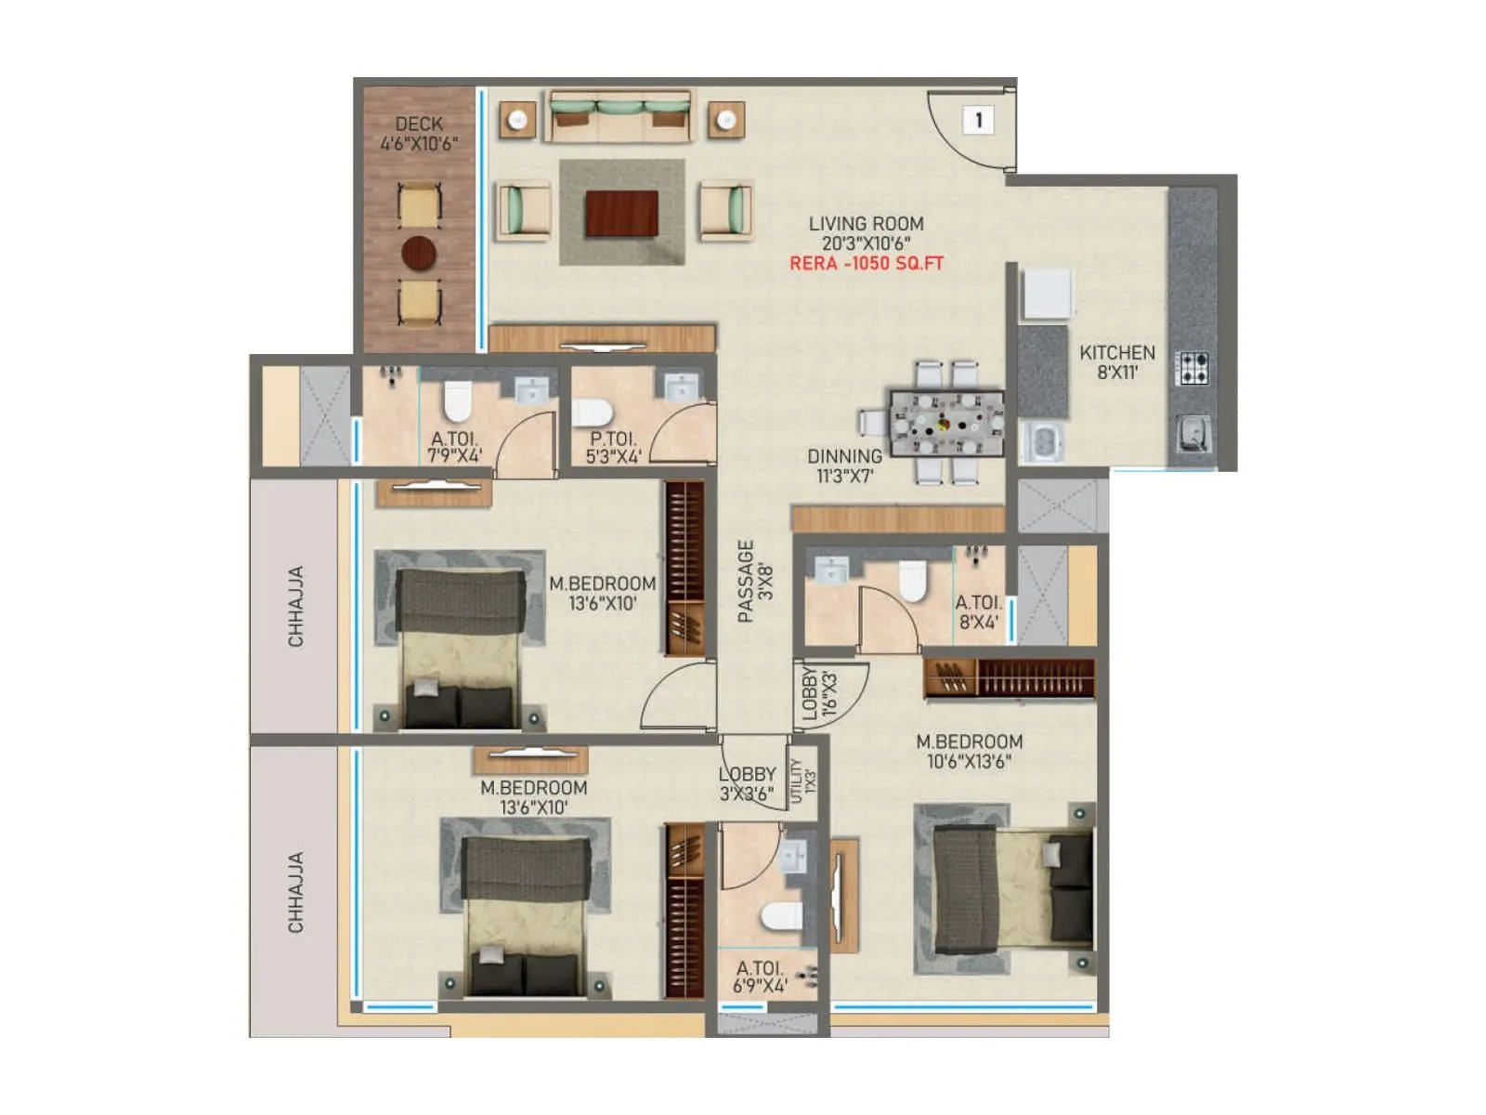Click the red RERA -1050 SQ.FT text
pos(866,264)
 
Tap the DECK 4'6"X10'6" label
pos(419,134)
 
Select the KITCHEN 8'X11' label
pos(1117,362)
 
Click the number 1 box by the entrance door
pos(978,120)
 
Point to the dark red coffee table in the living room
pos(621,214)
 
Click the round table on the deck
pos(419,253)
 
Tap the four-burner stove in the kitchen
pos(1193,368)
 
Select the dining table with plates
pos(946,424)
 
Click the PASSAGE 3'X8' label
pos(754,581)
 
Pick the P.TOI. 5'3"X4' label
pos(613,448)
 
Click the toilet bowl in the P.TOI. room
pos(593,412)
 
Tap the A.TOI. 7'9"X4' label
pos(455,448)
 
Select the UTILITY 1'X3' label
pos(802,780)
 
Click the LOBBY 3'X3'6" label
pos(747,783)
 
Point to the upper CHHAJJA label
pos(295,607)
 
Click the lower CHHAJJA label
pos(295,892)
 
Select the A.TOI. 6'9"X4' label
pos(760,977)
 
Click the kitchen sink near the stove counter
pos(1193,432)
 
